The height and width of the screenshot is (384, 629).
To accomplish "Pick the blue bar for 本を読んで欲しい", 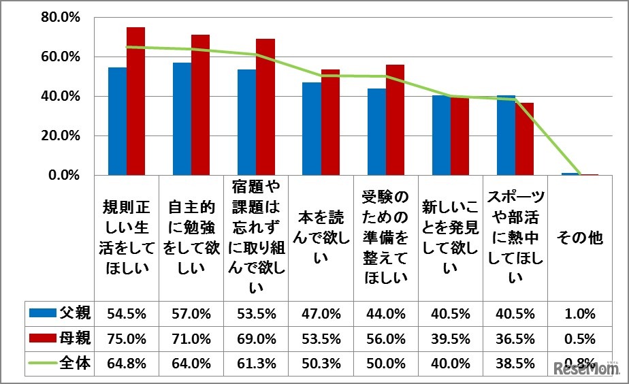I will point(312,129).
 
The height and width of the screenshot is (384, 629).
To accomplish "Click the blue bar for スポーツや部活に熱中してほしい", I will point(506,135).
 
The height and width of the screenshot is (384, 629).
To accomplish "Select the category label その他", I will point(580,238).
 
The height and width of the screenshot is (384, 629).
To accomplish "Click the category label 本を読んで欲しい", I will point(321,238).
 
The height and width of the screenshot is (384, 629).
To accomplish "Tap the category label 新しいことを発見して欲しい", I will point(449,238).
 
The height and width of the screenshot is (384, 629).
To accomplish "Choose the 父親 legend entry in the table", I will point(60,314).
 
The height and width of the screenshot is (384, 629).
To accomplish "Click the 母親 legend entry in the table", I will point(60,338).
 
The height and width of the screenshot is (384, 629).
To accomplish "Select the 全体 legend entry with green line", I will point(60,362).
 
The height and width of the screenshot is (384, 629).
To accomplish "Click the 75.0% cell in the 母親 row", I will point(127,338).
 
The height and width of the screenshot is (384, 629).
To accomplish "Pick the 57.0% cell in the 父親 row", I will point(191,314).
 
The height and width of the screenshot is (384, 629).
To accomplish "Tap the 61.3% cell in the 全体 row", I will point(256,362).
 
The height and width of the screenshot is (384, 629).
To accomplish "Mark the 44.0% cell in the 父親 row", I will point(386,314).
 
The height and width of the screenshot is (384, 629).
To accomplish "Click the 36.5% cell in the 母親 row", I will point(515,338).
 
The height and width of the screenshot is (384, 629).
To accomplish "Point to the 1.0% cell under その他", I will point(580,314).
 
